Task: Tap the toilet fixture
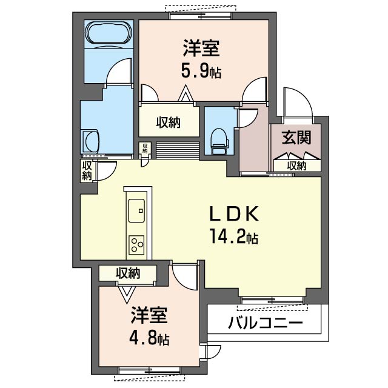[x=218, y=139]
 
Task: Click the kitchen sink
[x=136, y=211]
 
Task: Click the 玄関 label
[x=296, y=138]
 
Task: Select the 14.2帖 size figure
[x=234, y=236]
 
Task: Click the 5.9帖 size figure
[x=201, y=72]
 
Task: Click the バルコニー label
[x=265, y=323]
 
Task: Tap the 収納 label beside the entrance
[x=296, y=166]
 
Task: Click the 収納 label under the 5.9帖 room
[x=169, y=122]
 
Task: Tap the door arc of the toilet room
[x=246, y=117]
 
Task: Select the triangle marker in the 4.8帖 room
[x=127, y=294]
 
